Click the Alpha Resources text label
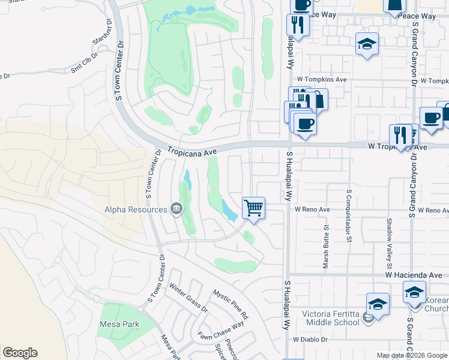[x=136, y=209]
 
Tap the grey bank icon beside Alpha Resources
[x=176, y=209]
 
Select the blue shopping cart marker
[x=254, y=208]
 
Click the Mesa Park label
[x=120, y=325]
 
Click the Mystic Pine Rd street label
[x=231, y=304]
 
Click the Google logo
[x=20, y=353]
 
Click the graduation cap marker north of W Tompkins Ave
[x=367, y=44]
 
